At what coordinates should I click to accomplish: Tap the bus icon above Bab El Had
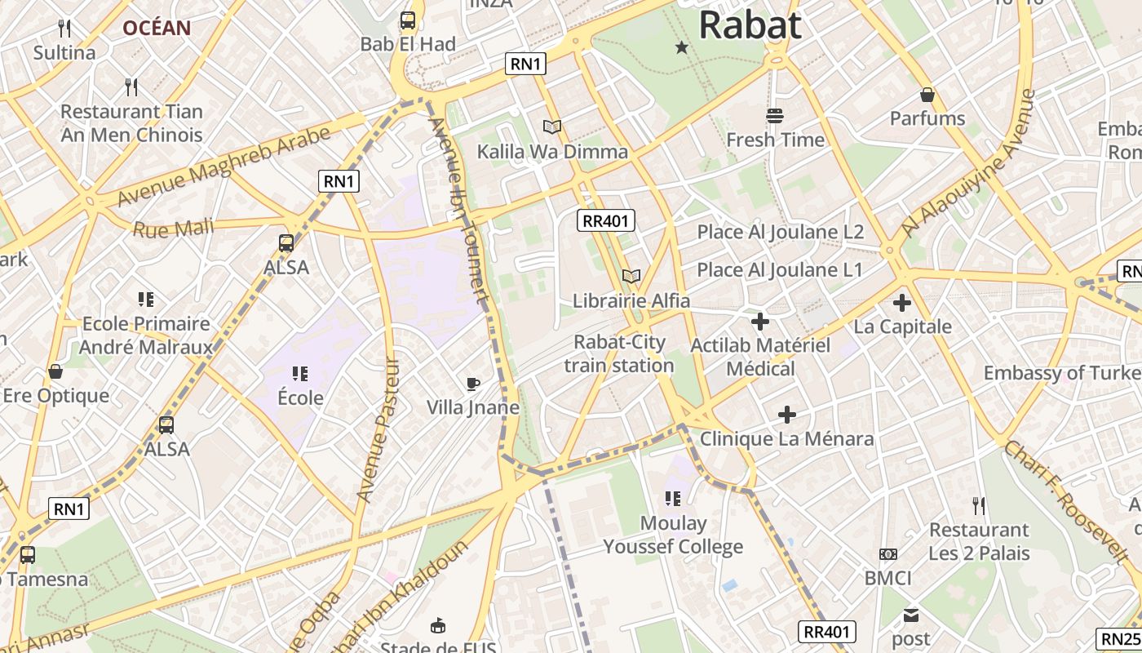pos(408,20)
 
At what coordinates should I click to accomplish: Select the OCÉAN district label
pos(157,28)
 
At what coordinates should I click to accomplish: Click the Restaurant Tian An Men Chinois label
pos(131,122)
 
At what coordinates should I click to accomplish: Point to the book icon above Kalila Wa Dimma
pos(552,127)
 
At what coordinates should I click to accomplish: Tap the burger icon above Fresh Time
pos(774,116)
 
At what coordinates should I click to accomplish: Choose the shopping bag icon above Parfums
pos(927,95)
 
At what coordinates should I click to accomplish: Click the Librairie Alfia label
pos(631,300)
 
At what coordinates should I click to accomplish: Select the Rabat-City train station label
pos(619,353)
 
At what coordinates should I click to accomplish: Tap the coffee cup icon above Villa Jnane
pos(472,384)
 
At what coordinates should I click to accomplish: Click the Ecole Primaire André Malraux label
pos(147,335)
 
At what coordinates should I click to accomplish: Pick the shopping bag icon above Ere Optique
pos(55,371)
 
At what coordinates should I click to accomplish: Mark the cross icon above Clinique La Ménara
pos(787,415)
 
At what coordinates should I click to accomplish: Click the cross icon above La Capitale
pos(902,303)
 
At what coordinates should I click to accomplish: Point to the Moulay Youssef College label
pos(673,535)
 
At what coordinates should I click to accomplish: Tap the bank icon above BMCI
pos(888,554)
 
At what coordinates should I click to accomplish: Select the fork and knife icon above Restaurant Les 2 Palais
pos(979,506)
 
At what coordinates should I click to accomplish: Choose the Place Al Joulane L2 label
pos(780,232)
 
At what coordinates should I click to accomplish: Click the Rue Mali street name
pos(173,228)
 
